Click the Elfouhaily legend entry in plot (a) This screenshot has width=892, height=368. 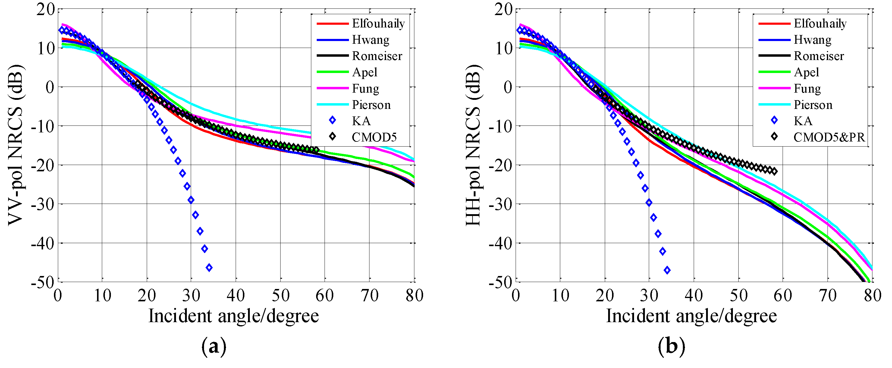pyautogui.click(x=378, y=24)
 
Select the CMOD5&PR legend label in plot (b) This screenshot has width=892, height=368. pyautogui.click(x=829, y=137)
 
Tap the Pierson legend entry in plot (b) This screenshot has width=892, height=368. pyautogui.click(x=813, y=105)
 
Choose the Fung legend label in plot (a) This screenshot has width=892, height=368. pyautogui.click(x=365, y=88)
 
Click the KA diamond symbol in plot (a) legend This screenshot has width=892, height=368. pyautogui.click(x=332, y=120)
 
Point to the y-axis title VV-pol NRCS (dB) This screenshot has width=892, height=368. pyautogui.click(x=16, y=145)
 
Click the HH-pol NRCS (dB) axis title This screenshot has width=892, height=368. pyautogui.click(x=473, y=145)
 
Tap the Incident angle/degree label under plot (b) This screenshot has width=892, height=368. pyautogui.click(x=691, y=316)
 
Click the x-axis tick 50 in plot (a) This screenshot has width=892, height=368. pyautogui.click(x=281, y=296)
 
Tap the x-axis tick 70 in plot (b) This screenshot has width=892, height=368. pyautogui.click(x=828, y=296)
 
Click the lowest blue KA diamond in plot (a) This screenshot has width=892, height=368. pyautogui.click(x=209, y=268)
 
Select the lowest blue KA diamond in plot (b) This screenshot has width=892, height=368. pyautogui.click(x=667, y=270)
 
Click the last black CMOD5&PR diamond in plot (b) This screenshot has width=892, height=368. pyautogui.click(x=774, y=171)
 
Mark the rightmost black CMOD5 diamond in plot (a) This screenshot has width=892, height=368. pyautogui.click(x=316, y=150)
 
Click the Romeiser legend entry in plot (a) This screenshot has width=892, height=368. pyautogui.click(x=377, y=56)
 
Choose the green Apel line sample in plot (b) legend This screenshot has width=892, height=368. pyautogui.click(x=774, y=72)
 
